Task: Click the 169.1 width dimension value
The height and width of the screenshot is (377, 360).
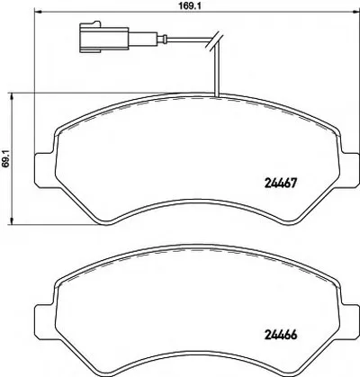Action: pos(186,5)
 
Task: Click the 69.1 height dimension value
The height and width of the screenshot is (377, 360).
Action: pos(5,157)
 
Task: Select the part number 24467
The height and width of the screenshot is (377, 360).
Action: pos(280,182)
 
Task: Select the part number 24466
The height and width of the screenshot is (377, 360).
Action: pos(280,334)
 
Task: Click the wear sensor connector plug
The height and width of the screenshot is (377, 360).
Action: pos(103,38)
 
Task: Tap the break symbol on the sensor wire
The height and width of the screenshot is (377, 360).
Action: pos(213,40)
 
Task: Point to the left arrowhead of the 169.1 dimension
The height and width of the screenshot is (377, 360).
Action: pos(38,13)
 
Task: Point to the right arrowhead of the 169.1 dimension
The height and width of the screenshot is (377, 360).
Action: pos(356,13)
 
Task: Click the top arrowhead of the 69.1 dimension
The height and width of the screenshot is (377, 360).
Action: pos(12,95)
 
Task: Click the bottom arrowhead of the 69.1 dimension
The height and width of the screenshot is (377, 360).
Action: pos(12,220)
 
